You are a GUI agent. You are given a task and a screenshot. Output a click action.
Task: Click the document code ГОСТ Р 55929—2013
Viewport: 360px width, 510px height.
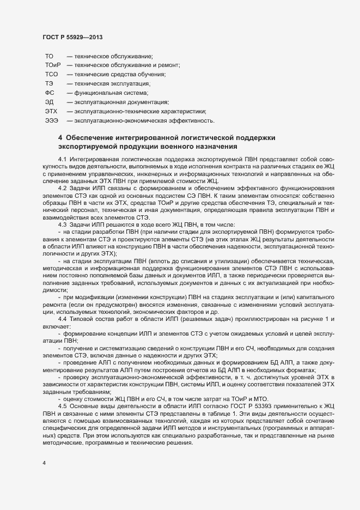[x=72, y=37]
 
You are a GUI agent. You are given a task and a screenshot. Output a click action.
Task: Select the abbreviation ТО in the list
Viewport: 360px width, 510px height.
[x=48, y=56]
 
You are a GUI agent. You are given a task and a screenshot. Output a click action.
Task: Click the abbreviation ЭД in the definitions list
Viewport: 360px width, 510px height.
[x=49, y=102]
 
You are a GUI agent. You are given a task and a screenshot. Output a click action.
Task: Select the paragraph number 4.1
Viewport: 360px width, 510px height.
[x=62, y=158]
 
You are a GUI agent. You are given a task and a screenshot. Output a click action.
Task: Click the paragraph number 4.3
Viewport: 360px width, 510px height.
[x=62, y=224]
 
